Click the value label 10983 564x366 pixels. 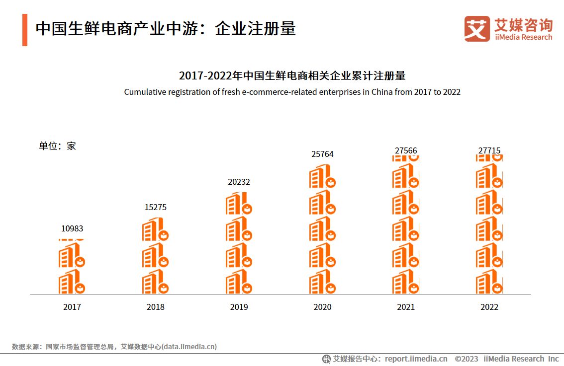(72, 229)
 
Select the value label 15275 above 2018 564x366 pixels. (156, 208)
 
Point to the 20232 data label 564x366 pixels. (239, 182)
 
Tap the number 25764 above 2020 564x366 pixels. (322, 154)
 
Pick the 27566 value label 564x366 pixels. (406, 150)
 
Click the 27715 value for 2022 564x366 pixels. (489, 150)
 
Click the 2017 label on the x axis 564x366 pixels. (72, 307)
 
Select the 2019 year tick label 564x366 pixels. (239, 307)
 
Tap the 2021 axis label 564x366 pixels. (406, 307)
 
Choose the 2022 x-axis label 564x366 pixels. (489, 307)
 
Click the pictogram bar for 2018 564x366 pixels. (156, 256)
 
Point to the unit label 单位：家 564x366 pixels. (58, 146)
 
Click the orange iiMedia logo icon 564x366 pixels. (477, 29)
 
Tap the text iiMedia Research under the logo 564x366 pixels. (523, 37)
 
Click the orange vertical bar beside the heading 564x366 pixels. (25, 30)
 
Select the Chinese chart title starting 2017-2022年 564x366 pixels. (292, 76)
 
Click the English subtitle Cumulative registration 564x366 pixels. (292, 92)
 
